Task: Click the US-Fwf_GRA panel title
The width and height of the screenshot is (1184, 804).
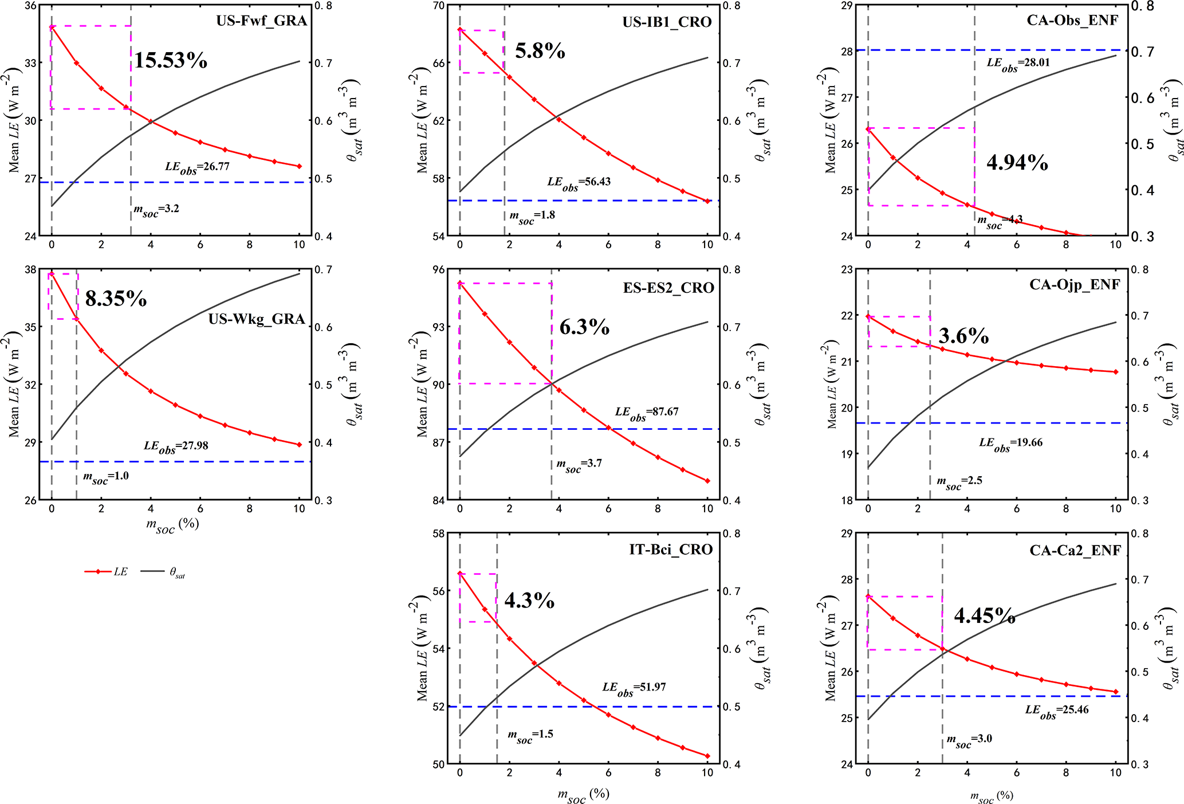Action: coord(261,21)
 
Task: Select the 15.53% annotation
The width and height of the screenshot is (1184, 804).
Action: coord(171,60)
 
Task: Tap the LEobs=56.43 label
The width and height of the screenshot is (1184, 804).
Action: coord(579,183)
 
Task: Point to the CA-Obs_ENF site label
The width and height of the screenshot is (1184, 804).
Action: coord(1072,21)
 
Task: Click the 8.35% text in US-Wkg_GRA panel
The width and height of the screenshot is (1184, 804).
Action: coord(116,299)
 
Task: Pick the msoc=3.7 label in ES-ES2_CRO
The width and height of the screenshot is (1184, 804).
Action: coord(579,465)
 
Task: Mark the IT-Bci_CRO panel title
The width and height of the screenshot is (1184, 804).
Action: coord(671,550)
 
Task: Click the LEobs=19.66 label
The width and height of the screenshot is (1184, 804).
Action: coord(1010,444)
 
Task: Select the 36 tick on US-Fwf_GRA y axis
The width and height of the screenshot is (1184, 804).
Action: coord(30,6)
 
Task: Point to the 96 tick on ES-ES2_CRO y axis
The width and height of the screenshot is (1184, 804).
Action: coord(438,270)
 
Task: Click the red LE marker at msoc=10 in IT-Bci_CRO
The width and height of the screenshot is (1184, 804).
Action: coord(707,756)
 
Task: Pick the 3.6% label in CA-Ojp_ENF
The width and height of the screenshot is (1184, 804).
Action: coord(963,336)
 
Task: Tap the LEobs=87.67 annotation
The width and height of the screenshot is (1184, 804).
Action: coord(647,413)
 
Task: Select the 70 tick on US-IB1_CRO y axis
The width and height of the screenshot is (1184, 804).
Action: coord(438,6)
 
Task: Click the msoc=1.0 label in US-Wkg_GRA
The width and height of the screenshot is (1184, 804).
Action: coord(106,477)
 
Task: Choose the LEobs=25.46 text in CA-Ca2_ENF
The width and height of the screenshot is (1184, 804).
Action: coord(1057,711)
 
